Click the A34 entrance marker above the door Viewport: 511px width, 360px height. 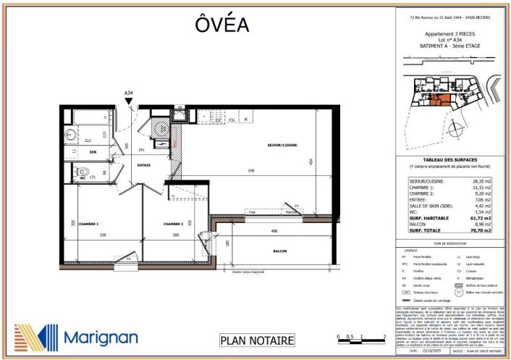[129, 93]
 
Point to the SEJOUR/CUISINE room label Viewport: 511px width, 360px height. [282, 145]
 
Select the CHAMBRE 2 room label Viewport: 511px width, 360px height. [176, 224]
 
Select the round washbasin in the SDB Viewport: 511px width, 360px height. [70, 134]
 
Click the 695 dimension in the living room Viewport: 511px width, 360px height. [250, 169]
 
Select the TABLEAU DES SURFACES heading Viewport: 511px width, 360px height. [450, 161]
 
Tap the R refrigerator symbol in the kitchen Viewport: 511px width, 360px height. [247, 120]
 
